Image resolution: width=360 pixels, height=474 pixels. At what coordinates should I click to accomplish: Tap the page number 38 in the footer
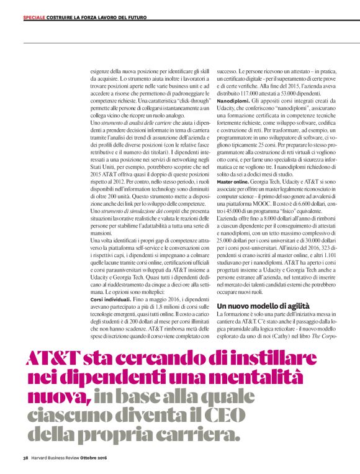[25, 458]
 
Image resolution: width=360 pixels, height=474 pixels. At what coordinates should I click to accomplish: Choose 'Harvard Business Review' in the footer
[55, 458]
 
